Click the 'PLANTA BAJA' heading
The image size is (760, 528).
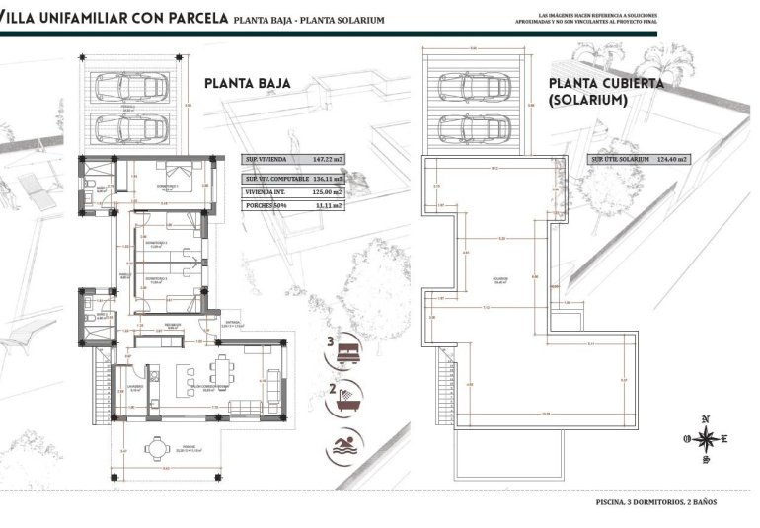[247, 84]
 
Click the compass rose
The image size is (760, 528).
[705, 439]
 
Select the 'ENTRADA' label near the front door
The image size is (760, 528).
[233, 322]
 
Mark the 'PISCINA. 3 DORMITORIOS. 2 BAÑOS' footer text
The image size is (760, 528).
[656, 502]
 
